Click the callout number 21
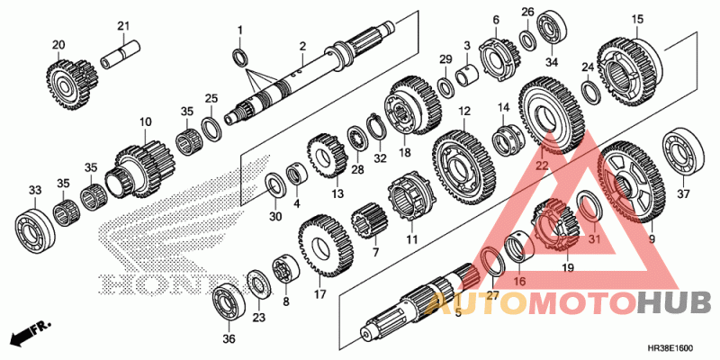(x=123, y=24)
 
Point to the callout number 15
(x=637, y=19)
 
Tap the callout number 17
(x=319, y=294)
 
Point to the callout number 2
(x=303, y=46)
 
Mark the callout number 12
(x=465, y=112)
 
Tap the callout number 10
(x=144, y=121)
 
